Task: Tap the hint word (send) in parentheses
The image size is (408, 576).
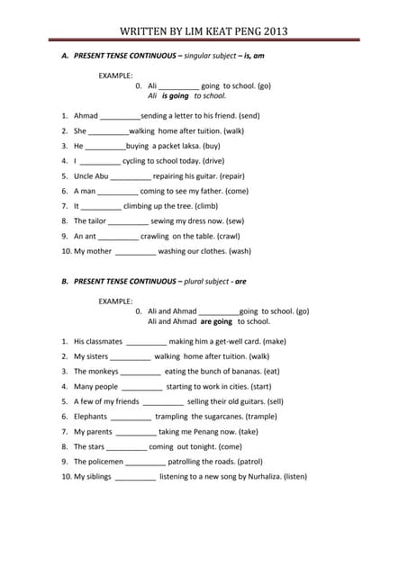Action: pos(249,116)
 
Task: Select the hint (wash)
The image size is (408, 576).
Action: pos(236,252)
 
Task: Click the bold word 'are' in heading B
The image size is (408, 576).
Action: pos(240,282)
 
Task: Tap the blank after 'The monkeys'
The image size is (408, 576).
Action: pos(141,372)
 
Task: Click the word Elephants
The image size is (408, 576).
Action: pos(90,417)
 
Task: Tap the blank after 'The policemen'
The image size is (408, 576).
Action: pos(146,462)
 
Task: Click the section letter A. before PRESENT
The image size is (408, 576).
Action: pos(65,56)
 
